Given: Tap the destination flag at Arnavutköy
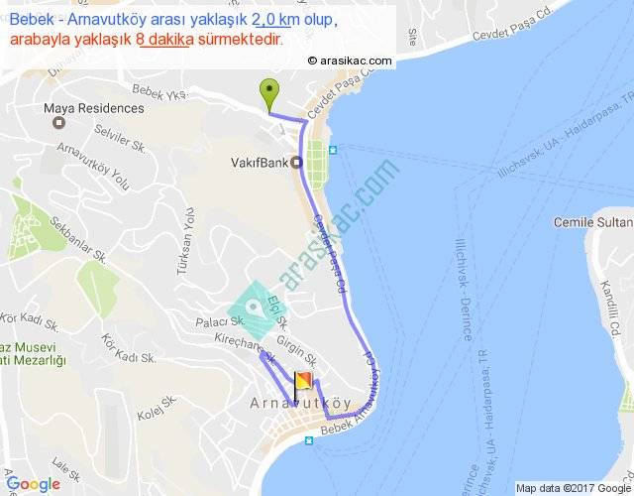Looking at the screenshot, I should click(x=302, y=384).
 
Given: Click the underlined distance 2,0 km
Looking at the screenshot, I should click(x=275, y=20).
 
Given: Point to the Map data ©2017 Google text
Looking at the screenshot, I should click(x=572, y=487).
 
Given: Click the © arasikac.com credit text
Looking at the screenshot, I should click(x=350, y=61).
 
